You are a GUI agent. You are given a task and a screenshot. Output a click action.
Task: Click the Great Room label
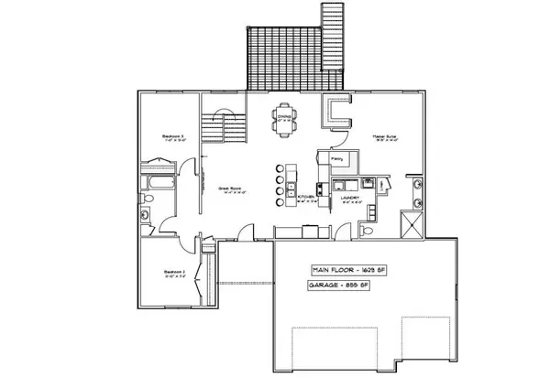coord(228,190)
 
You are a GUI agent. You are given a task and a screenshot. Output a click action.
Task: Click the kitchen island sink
coord(291,174)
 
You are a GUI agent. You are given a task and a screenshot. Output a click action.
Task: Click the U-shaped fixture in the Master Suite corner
coord(336,113)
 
